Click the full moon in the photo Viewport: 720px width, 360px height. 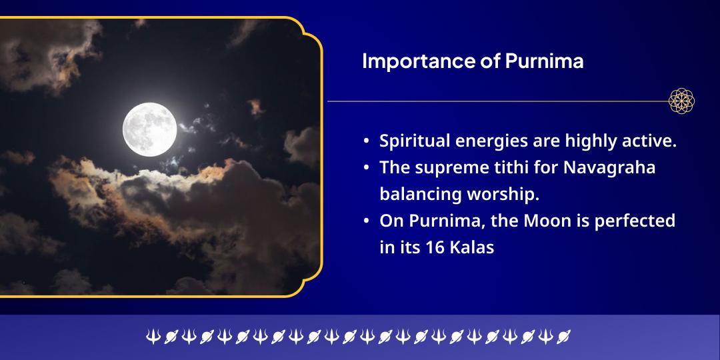150,129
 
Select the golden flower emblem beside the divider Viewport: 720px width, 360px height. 681,101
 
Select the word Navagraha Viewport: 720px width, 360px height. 609,168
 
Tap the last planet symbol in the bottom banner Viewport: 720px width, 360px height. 563,337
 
